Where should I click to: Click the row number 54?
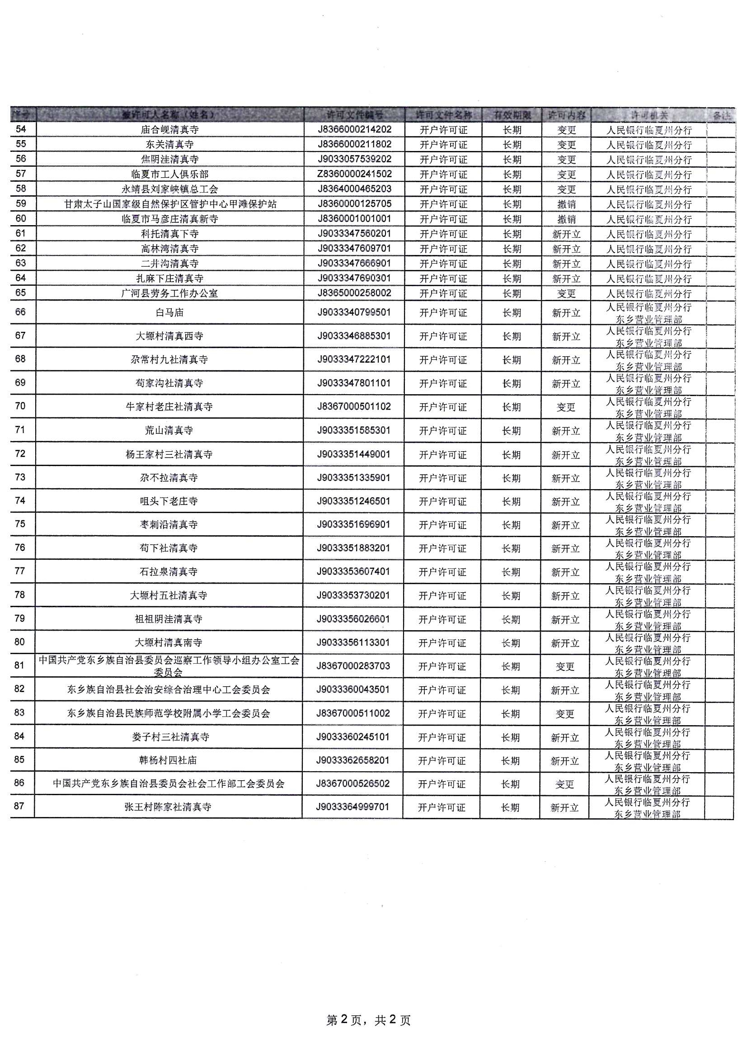(21, 129)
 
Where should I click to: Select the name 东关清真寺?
(169, 145)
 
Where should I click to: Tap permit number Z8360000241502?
(354, 174)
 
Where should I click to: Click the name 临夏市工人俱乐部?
(169, 175)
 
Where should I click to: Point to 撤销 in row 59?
(566, 204)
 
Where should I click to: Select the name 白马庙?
(169, 312)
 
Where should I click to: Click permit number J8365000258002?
(354, 293)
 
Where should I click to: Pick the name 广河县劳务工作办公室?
(169, 293)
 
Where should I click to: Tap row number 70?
(20, 406)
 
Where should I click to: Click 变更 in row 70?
(566, 407)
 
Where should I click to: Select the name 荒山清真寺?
(169, 430)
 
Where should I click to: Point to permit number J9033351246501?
(353, 501)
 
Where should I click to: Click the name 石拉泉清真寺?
(169, 572)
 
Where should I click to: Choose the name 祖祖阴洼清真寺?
(169, 619)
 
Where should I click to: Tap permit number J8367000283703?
(353, 666)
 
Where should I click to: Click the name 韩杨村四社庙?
(168, 760)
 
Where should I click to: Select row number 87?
(19, 806)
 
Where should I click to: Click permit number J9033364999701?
(352, 807)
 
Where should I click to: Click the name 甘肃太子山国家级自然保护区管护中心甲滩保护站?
(170, 204)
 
